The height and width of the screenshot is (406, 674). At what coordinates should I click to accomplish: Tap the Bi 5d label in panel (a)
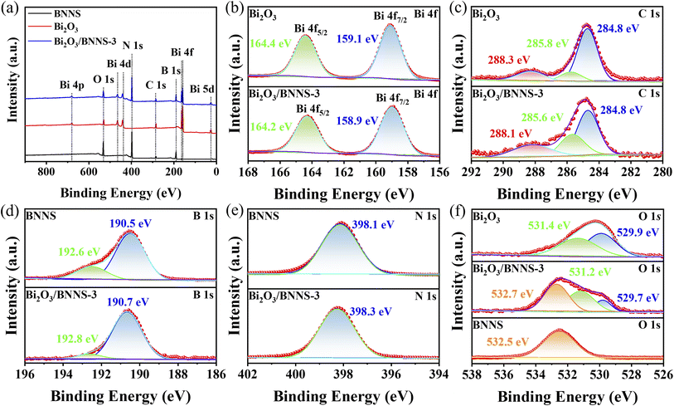202,89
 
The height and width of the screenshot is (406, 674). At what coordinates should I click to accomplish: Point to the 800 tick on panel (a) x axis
46,172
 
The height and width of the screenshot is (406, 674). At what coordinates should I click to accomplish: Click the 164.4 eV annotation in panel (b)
270,43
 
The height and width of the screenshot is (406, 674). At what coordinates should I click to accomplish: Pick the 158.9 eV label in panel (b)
357,120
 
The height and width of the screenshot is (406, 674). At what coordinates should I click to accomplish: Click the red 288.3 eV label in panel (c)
508,60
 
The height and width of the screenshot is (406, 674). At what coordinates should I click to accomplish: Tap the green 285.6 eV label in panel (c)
542,117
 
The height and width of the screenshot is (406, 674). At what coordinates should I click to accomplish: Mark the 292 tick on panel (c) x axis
472,172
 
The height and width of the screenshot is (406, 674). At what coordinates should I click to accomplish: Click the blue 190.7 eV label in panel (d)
128,302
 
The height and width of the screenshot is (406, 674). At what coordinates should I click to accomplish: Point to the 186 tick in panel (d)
216,374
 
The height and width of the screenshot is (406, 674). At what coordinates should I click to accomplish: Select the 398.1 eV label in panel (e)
372,224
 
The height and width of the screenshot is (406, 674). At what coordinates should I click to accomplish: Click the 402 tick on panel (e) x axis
249,374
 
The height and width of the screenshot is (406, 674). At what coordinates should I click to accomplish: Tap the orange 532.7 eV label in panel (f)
512,294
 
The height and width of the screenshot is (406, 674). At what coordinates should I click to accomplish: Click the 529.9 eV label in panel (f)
638,232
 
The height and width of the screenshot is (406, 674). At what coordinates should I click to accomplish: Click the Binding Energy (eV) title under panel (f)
567,396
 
